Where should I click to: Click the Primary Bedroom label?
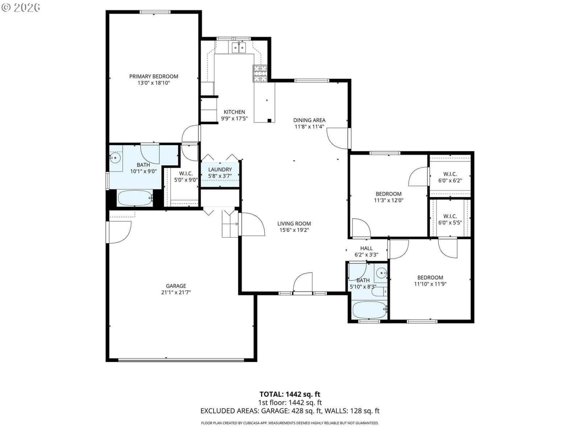[x=154, y=76]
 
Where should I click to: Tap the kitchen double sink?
[x=239, y=48]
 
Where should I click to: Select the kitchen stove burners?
[x=260, y=74]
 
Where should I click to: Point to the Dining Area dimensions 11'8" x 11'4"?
[x=309, y=127]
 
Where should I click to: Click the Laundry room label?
[x=220, y=170]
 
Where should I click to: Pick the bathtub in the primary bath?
[x=135, y=198]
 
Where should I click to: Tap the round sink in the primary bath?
[x=115, y=158]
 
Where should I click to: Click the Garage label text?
[x=176, y=286]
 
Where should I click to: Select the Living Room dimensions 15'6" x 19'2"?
[x=294, y=230]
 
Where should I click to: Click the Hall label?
[x=366, y=248]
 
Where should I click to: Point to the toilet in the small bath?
[x=379, y=292]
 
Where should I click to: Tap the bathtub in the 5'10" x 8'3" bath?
[x=369, y=310]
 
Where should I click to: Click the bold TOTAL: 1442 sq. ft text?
[x=290, y=394]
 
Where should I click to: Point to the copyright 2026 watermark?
[x=21, y=7]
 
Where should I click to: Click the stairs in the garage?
[x=230, y=224]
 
